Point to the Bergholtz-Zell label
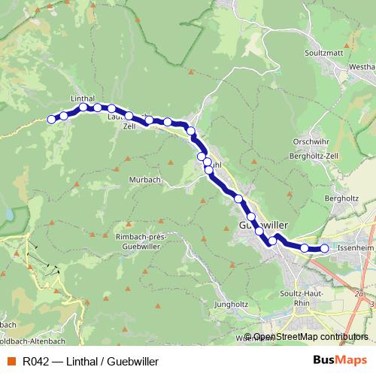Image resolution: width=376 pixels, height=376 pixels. tap(314, 156)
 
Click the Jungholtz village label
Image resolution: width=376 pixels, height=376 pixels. tap(231, 305)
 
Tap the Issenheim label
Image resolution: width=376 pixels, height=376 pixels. tap(355, 247)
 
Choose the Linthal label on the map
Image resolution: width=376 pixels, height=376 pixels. tap(81, 99)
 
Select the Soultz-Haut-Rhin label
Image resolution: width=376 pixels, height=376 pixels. tap(295, 298)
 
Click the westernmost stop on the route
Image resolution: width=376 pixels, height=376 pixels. tap(52, 119)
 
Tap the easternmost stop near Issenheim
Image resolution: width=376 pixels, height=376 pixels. tap(324, 248)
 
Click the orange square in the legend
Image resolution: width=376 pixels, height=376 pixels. tap(11, 362)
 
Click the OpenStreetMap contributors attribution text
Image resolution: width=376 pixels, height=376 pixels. tap(311, 338)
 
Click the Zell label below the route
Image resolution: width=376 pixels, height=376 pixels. tap(129, 126)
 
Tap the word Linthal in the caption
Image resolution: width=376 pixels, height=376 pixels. tap(83, 362)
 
